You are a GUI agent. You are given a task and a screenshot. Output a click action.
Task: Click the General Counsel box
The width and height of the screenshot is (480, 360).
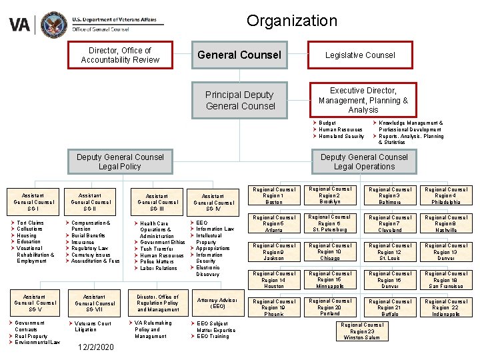point(239,55)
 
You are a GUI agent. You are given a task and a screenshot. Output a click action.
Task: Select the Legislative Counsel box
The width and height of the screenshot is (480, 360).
point(360,55)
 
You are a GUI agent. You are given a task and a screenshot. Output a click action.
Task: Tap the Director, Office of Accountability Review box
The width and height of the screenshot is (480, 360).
point(120,55)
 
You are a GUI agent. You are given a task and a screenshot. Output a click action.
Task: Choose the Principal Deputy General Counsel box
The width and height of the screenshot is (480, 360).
point(240,101)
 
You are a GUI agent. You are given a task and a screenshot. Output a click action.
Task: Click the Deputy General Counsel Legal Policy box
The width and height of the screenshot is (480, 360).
point(120,162)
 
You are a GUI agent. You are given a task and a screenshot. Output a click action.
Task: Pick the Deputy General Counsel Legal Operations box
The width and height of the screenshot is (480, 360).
point(364,162)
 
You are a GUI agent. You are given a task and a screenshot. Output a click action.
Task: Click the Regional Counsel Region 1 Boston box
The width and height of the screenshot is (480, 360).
point(274,195)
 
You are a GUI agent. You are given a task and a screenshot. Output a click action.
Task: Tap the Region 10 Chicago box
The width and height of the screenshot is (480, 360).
point(329,251)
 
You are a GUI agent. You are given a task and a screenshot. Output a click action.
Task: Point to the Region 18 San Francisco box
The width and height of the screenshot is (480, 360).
point(446,279)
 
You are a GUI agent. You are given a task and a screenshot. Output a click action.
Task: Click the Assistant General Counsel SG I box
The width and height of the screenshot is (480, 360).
point(34,198)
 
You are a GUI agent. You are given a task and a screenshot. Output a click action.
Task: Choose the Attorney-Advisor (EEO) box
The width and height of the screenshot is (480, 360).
point(217,303)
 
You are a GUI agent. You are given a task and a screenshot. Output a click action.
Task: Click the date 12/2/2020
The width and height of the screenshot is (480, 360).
point(95,347)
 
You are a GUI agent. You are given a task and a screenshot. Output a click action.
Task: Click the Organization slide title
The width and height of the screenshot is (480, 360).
point(291,21)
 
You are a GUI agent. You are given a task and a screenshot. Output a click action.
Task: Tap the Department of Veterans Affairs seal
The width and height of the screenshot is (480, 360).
point(53,25)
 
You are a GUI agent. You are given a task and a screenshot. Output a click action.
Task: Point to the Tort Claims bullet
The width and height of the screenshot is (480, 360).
point(30,223)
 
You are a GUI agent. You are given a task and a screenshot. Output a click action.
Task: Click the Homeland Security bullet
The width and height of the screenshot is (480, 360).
point(341,136)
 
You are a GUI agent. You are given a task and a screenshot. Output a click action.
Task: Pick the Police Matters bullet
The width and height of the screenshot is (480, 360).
point(158,262)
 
